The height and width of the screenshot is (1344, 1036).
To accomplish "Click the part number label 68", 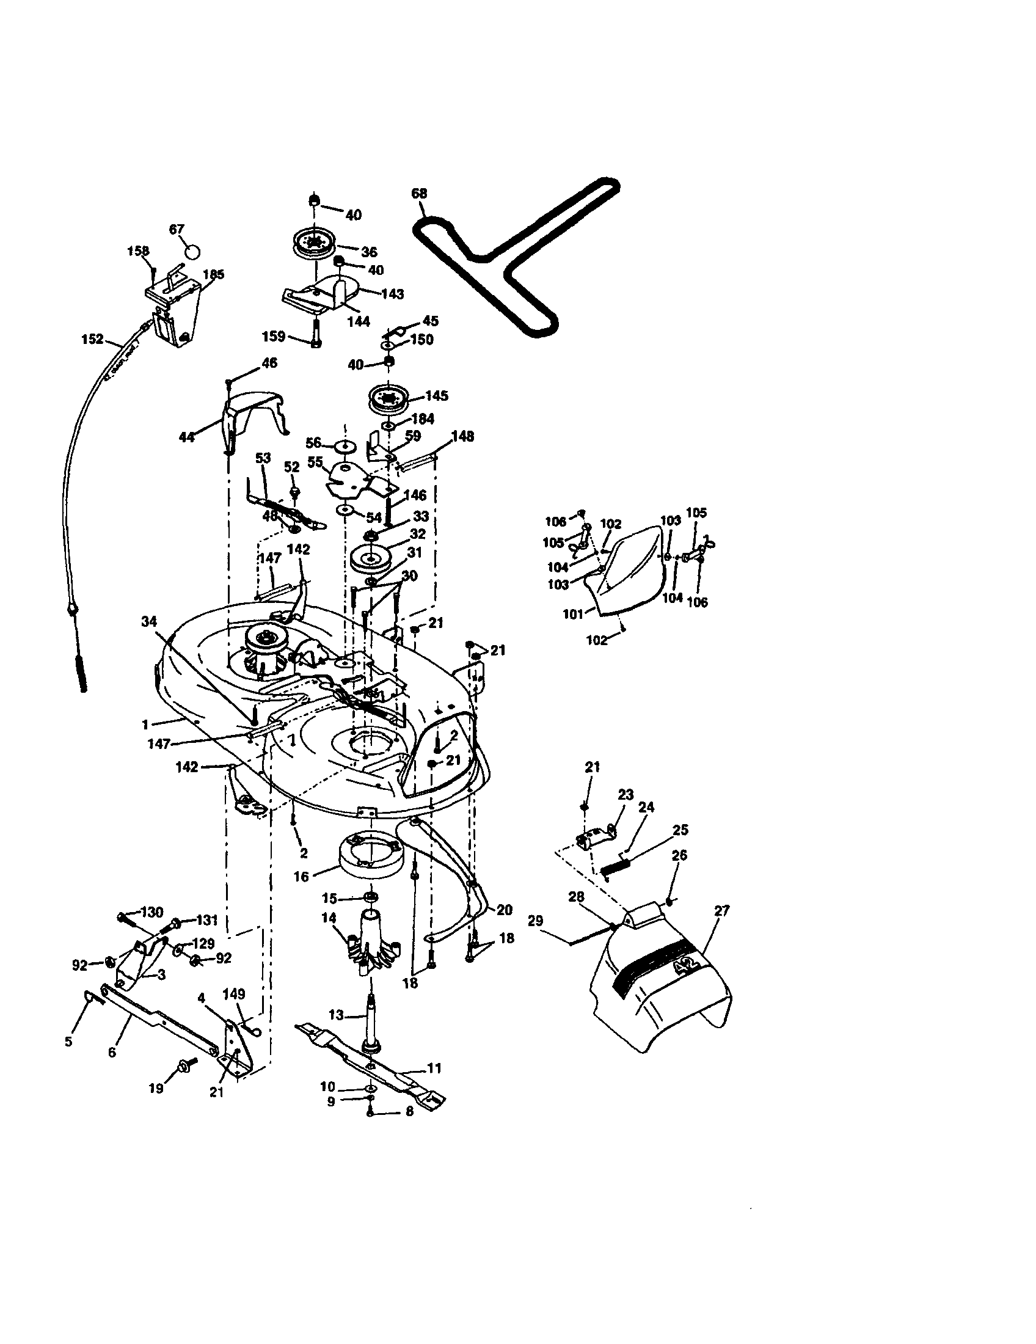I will [419, 193].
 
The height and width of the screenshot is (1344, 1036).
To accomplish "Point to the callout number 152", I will [92, 339].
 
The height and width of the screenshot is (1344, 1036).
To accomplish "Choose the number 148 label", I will [462, 436].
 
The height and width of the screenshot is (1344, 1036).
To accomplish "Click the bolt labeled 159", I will [316, 334].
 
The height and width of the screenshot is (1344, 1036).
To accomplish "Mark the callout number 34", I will [149, 621].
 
